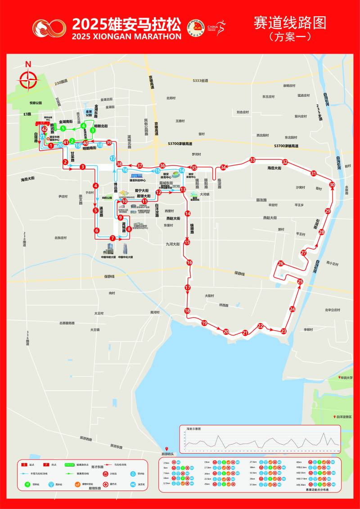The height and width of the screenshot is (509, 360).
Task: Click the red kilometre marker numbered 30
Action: click(x=332, y=185)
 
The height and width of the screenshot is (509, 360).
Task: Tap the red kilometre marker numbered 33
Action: click(x=252, y=160)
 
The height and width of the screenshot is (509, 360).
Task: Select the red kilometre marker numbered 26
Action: click(x=281, y=264)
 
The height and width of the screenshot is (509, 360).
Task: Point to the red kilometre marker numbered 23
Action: click(x=283, y=331)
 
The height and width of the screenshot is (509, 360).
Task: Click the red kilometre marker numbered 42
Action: click(x=44, y=130)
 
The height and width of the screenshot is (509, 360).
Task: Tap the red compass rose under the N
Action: click(x=28, y=81)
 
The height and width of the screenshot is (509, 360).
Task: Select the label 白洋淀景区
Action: click(x=343, y=417)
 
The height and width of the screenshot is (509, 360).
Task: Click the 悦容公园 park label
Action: click(x=36, y=103)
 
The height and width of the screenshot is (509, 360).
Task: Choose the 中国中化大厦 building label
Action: click(x=126, y=257)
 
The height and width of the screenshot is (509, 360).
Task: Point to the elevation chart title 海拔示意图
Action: click(x=194, y=428)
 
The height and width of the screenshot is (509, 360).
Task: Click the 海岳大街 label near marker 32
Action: click(x=271, y=168)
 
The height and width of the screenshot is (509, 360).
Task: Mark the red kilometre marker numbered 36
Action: click(x=162, y=166)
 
